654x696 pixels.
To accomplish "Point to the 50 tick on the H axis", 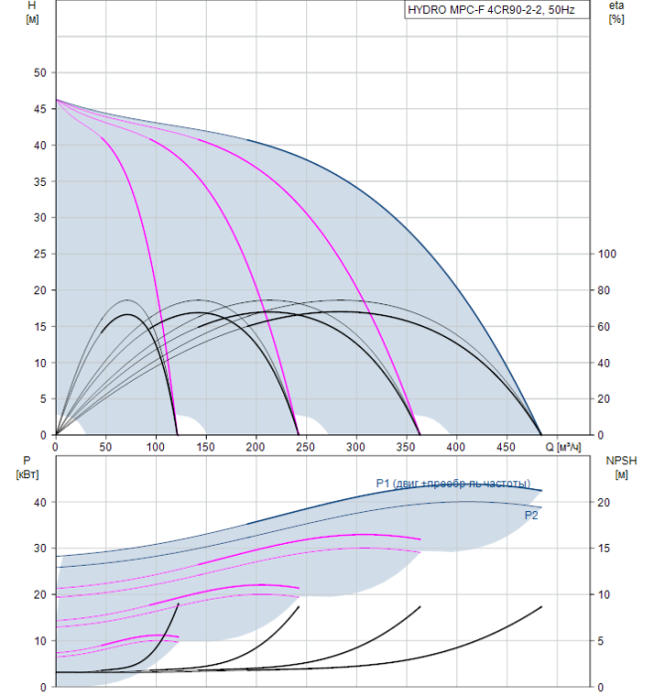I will coord(40,73).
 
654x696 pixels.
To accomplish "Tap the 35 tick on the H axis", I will coord(40,181).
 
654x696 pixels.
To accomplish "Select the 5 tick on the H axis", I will coord(43,399).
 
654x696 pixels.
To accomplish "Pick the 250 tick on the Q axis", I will coord(255,446).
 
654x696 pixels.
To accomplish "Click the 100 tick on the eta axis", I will coord(606,254).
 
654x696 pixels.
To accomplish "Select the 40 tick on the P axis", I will coord(40,502).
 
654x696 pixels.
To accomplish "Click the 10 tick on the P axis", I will coord(40,640).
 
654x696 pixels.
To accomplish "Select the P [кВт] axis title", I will coord(27,467).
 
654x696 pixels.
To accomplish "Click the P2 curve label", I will coord(532,516).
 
